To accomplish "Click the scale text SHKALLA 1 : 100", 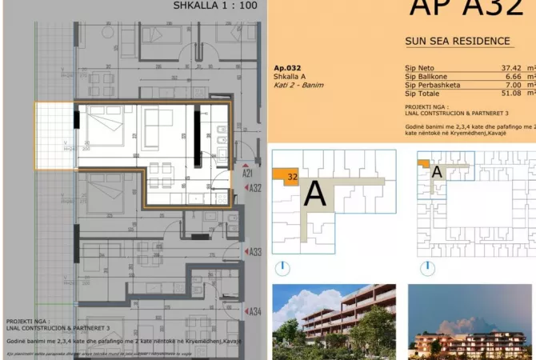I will click(x=214, y=6).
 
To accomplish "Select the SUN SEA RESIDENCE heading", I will click(x=457, y=42).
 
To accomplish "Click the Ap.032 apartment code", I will click(x=288, y=68).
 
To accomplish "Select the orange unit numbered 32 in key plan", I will click(x=286, y=175).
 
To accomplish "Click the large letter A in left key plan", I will click(x=316, y=194).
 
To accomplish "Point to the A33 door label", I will click(x=254, y=252).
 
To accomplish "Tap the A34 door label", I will click(x=254, y=312).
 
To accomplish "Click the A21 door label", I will click(x=247, y=174).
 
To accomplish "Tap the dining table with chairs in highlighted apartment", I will click(x=160, y=171).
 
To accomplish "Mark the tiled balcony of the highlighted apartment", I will click(x=54, y=136).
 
